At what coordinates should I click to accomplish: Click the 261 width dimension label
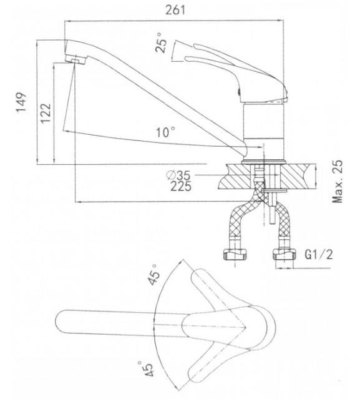coord(175,10)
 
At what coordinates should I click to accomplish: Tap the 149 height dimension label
coord(21,102)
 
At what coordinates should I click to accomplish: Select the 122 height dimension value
coord(46,113)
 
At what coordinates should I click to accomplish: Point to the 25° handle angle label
coord(162,42)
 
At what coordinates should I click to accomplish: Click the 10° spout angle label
coord(165,132)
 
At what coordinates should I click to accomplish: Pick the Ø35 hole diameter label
coord(178,175)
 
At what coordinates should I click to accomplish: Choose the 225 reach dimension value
coord(181,186)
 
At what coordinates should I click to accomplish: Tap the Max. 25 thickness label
coord(338,182)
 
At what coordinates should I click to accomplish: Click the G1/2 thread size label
coord(319,254)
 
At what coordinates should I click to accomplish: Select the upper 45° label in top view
coord(154,274)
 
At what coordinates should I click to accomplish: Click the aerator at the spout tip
coord(75,60)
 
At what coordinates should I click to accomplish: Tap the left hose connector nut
coord(235,255)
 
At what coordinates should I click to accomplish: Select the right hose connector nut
coord(285,255)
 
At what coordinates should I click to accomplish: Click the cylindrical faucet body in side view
coord(263,132)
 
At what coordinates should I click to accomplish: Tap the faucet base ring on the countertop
coord(263,162)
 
